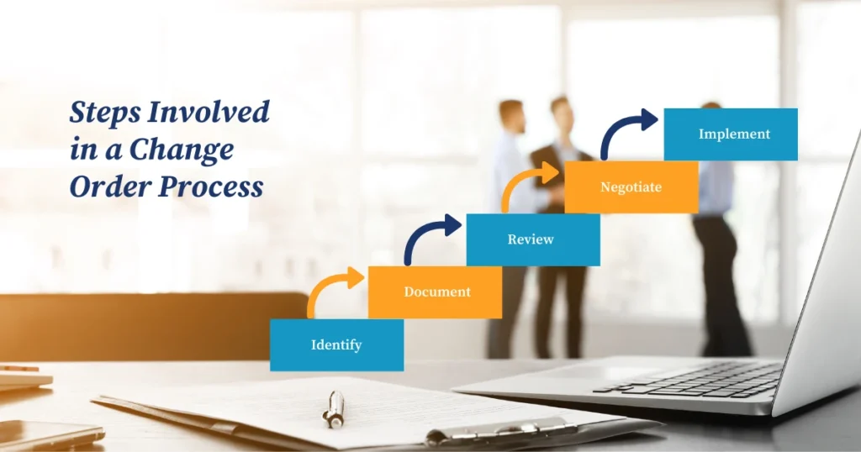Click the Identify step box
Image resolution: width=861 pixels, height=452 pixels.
[x=336, y=344]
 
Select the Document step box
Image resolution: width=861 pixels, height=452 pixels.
[x=435, y=292]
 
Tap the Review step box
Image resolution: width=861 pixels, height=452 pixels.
[x=532, y=239]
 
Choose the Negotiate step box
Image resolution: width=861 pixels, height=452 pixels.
[x=631, y=187]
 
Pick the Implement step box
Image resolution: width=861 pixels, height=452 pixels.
[x=731, y=134]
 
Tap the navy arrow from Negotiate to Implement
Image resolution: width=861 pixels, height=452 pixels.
[x=626, y=130]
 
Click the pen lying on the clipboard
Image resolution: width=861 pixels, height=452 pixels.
[x=335, y=408]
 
